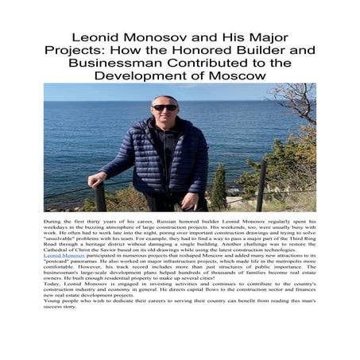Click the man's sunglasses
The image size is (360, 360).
(165, 107)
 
